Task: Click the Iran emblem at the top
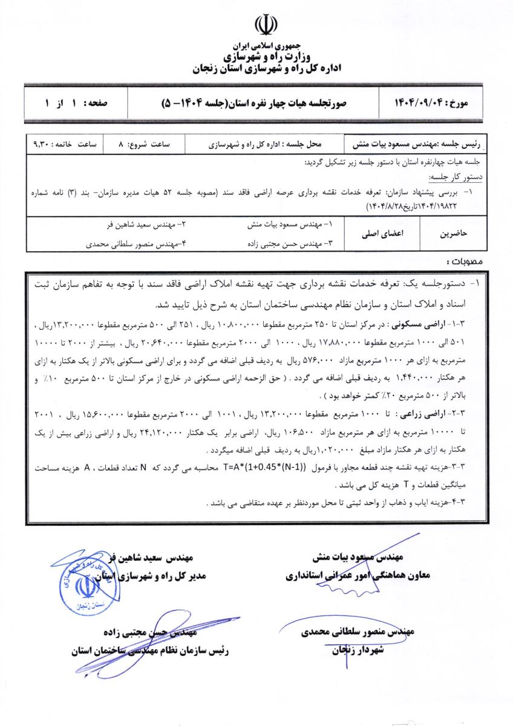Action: (266, 25)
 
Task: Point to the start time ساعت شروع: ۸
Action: (146, 145)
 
